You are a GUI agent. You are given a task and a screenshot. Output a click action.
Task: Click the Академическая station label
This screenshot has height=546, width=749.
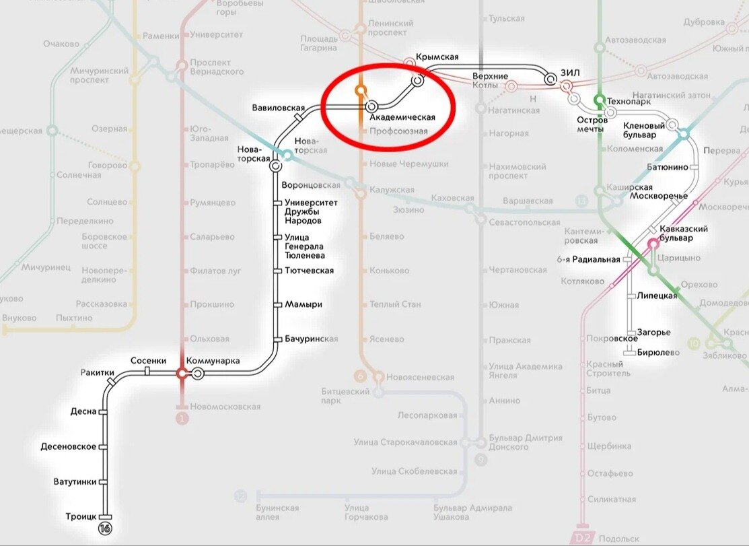(402, 117)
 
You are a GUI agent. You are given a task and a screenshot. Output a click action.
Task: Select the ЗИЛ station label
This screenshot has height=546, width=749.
(570, 73)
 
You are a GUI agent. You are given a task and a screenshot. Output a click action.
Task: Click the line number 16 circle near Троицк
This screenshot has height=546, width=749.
(104, 528)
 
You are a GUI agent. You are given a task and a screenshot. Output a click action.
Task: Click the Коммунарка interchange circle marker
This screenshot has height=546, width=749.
(198, 373)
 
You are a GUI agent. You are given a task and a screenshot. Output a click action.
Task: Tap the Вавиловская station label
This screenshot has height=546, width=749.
(279, 108)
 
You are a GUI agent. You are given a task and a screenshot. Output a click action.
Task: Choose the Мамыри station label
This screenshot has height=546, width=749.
(303, 304)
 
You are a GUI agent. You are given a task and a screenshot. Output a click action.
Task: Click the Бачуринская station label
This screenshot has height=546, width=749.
(311, 339)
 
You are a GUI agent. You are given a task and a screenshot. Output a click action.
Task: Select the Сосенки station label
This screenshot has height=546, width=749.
(148, 361)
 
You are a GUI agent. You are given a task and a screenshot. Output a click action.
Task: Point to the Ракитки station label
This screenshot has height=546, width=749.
(97, 372)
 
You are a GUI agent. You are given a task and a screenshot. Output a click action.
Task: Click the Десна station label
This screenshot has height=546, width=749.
(83, 411)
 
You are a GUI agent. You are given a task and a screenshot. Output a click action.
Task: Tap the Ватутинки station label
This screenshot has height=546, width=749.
(75, 482)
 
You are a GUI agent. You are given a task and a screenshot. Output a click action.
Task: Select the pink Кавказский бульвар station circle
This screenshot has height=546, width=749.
(653, 244)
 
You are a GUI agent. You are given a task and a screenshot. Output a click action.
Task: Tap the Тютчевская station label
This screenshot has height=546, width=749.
(309, 271)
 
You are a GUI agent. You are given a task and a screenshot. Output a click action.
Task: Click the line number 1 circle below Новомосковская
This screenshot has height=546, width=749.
(181, 419)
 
